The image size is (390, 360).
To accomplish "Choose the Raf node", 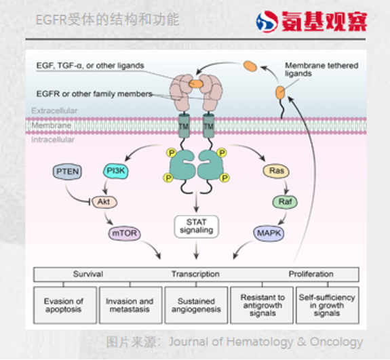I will coord(284,201).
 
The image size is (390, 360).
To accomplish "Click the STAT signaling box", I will coord(196,226).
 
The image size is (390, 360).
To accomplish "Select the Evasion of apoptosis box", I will coord(64,306).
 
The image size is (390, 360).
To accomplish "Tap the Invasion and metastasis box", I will coord(130,306).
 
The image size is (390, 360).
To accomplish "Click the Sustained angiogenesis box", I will coord(195,306).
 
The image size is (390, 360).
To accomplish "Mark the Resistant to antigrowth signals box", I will coord(262,306).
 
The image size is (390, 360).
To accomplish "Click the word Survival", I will coord(88,275).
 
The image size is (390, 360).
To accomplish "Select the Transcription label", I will coord(196,275).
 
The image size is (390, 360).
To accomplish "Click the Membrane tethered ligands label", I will coord(321,69).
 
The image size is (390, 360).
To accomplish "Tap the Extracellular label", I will coord(54,111).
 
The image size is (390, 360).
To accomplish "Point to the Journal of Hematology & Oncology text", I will coord(266,342).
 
